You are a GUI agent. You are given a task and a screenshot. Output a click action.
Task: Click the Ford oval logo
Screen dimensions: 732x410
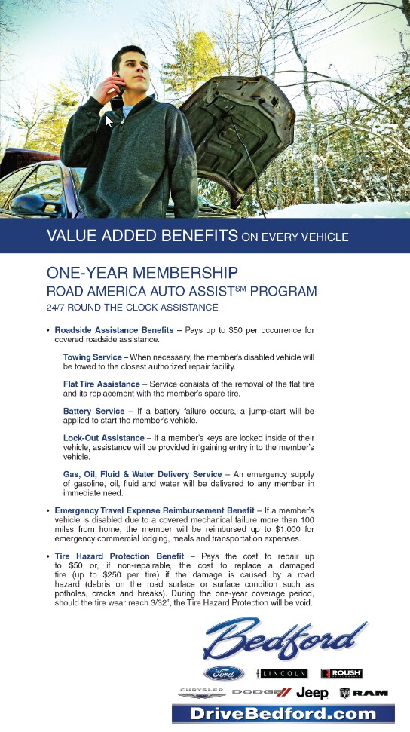click(224, 673)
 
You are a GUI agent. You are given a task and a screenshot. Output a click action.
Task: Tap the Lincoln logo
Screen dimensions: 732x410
click(281, 673)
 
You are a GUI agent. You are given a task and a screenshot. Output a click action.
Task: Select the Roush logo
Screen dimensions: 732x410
click(341, 673)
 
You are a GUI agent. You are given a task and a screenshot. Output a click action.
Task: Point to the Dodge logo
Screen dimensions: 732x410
click(261, 692)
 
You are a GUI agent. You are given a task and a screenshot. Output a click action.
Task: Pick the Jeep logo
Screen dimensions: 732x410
click(312, 692)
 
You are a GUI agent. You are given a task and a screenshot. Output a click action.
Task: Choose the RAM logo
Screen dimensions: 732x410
click(364, 692)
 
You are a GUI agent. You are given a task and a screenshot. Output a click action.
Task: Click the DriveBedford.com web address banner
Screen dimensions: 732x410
click(283, 714)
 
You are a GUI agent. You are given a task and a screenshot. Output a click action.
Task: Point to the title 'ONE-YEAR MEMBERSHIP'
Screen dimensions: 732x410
click(142, 272)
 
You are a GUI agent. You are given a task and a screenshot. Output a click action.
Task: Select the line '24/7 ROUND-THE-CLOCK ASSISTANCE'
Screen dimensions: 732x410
click(132, 308)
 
